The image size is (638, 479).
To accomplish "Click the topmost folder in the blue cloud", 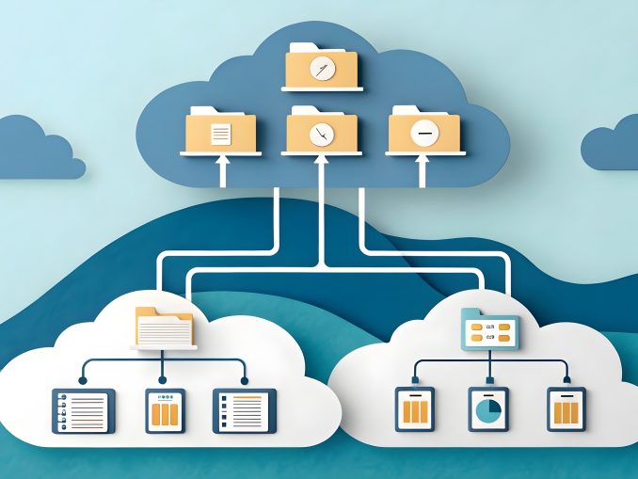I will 322,66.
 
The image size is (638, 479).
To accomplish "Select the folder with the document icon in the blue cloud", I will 221,130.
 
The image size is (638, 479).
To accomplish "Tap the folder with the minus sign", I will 424,131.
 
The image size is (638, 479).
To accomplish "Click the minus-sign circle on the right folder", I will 424,135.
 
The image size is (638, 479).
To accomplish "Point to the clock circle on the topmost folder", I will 322,69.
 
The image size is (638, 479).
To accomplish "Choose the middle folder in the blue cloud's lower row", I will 322,130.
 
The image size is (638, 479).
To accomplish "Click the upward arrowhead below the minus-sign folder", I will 423,163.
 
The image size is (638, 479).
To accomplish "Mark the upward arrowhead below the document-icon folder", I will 222,163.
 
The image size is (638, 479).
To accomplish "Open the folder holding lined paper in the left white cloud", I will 165,327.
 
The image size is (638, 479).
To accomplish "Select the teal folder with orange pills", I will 488,328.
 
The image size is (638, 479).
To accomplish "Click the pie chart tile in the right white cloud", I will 488,409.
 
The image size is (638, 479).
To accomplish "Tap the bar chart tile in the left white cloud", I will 165,411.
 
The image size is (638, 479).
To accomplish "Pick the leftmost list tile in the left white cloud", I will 83,411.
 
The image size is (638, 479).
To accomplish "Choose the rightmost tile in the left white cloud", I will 245,411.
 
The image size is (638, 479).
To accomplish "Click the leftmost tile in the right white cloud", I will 414,409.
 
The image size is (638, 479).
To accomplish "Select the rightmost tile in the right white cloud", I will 566,409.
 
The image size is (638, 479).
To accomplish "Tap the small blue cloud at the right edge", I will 612,146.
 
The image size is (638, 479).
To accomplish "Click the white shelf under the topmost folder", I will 322,89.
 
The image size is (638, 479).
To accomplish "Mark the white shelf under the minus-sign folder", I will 425,152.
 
